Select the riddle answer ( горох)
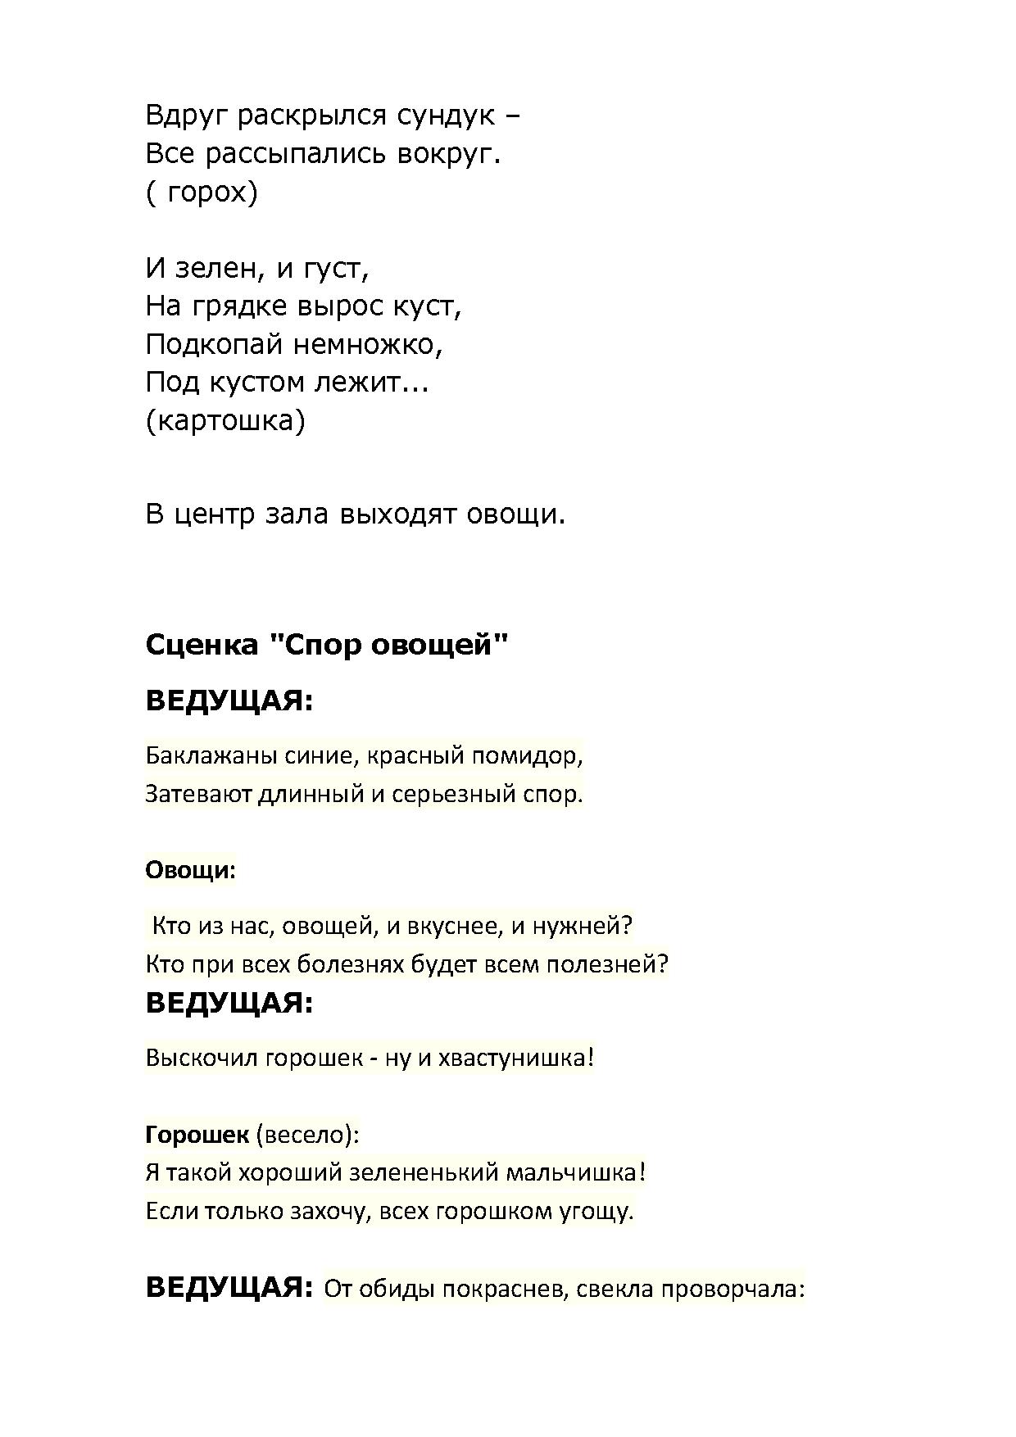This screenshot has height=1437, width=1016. pos(202,193)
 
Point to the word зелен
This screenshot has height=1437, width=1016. pos(220,268)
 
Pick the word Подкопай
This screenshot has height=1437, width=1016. pos(215,345)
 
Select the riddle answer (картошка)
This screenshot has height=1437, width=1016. pos(225,421)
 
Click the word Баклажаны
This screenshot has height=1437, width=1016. pos(211,755)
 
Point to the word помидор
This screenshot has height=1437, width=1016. pos(532,755)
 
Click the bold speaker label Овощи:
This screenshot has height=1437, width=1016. pos(190,870)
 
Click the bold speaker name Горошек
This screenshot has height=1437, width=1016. pos(197,1135)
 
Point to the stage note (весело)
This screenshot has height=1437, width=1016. pos(307,1135)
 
